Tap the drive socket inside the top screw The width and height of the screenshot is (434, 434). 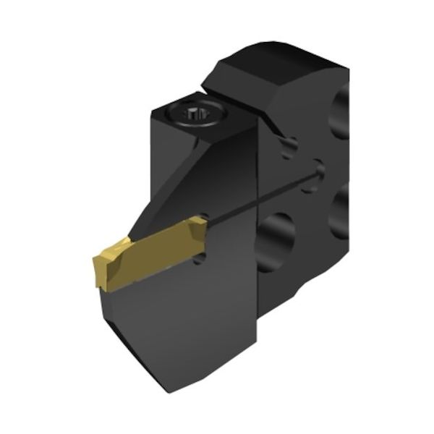tap(197, 114)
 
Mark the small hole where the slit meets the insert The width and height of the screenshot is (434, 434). tap(205, 216)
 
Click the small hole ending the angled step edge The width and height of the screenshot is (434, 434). tap(289, 148)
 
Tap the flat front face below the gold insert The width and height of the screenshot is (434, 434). tap(188, 318)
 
